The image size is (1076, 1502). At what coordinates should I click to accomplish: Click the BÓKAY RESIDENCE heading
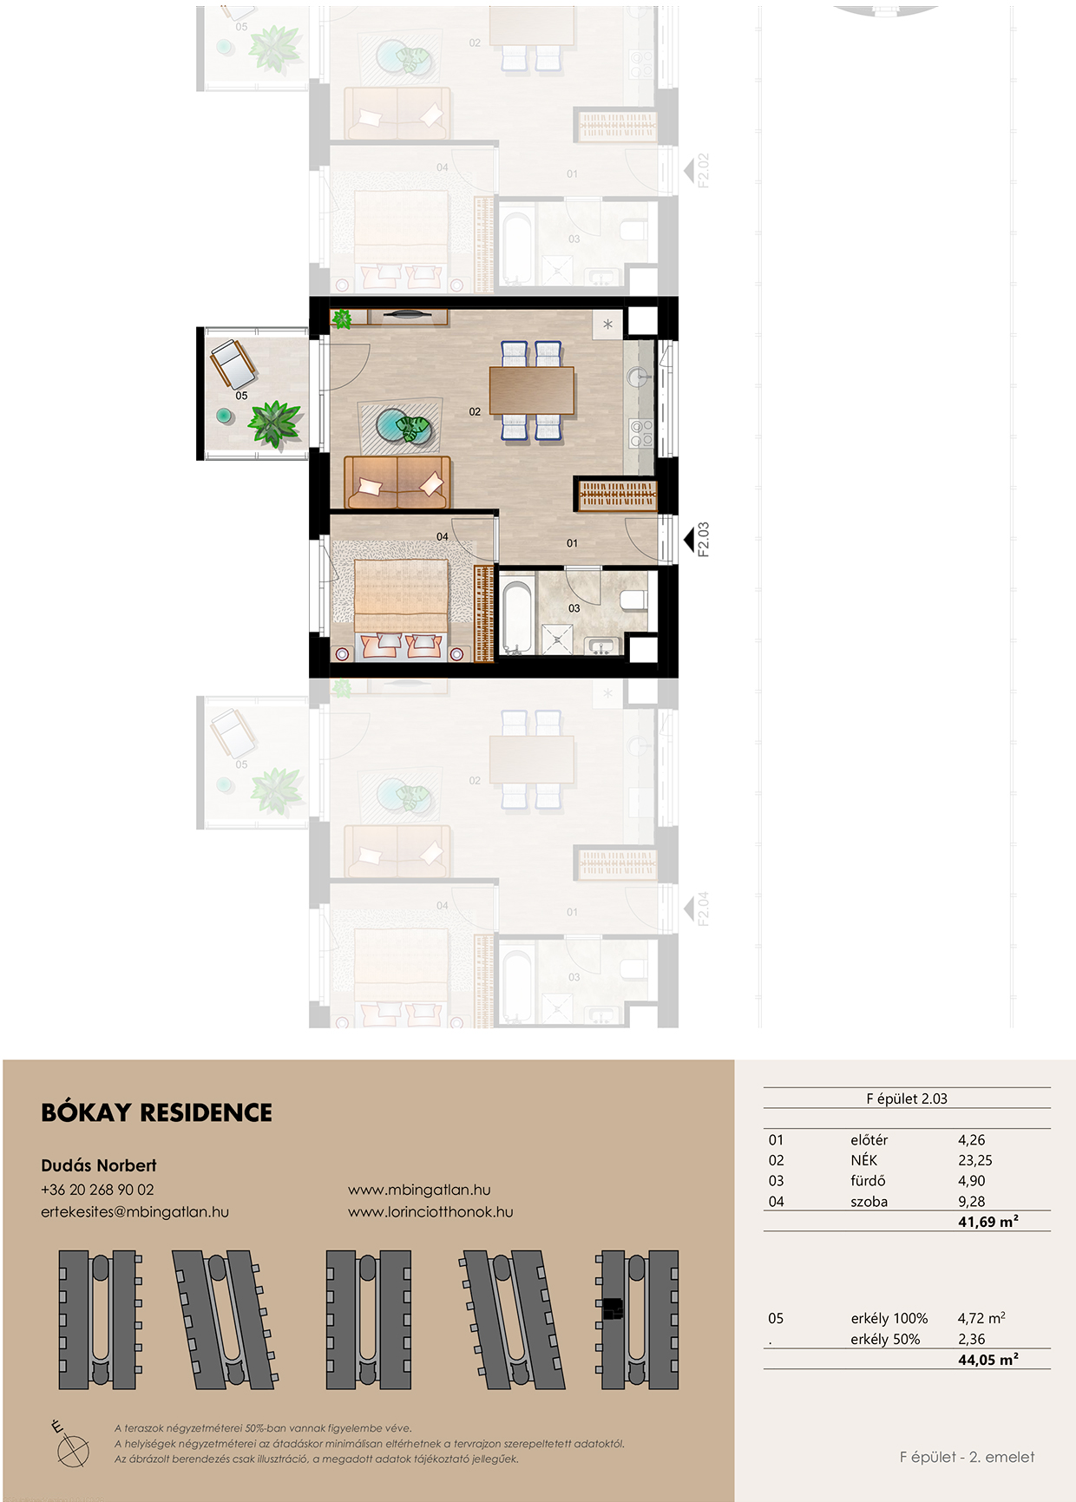[x=156, y=1112]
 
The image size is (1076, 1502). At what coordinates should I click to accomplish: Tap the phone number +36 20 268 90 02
[x=97, y=1190]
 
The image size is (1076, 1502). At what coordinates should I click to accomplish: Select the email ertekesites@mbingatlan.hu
[x=134, y=1212]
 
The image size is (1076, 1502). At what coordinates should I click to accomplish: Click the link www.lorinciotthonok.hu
[x=430, y=1212]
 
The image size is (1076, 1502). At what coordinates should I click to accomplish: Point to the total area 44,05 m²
[x=988, y=1360]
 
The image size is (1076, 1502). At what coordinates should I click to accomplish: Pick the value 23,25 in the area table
[x=975, y=1160]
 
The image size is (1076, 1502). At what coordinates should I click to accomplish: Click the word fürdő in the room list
[x=868, y=1181]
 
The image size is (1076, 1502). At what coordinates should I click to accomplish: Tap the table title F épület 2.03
[x=907, y=1099]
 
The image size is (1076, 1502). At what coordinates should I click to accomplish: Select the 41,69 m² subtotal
[x=988, y=1222]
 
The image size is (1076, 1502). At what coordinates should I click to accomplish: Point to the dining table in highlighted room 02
[x=532, y=390]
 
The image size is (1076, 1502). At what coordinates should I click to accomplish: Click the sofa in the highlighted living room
[x=397, y=482]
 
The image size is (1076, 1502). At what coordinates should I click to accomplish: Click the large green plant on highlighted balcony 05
[x=275, y=424]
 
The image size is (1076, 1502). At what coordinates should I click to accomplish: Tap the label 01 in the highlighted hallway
[x=572, y=543]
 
